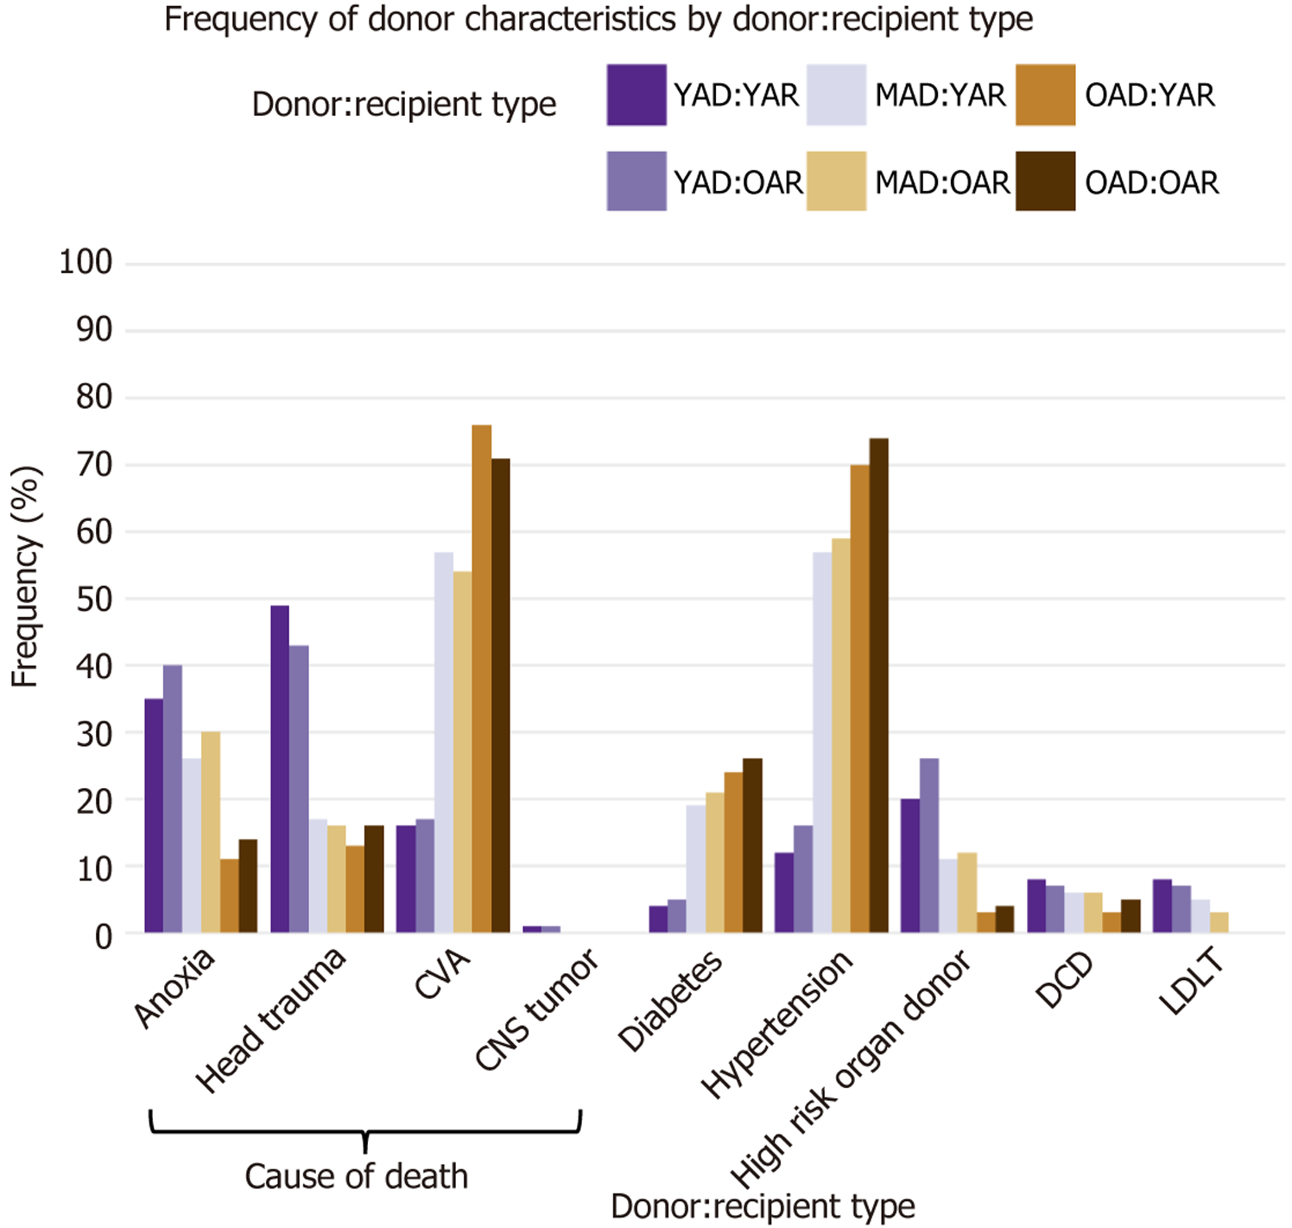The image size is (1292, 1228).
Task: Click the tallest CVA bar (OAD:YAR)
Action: pyautogui.click(x=481, y=678)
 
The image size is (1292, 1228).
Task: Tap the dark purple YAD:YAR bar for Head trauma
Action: pyautogui.click(x=280, y=769)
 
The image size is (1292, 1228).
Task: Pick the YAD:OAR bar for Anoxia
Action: pyautogui.click(x=173, y=799)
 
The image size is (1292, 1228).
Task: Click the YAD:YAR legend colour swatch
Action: pyautogui.click(x=636, y=95)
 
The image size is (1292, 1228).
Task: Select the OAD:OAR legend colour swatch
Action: pyautogui.click(x=1045, y=181)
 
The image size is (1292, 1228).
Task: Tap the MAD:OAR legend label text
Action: pyautogui.click(x=941, y=183)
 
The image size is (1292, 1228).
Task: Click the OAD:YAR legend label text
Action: pyautogui.click(x=1149, y=95)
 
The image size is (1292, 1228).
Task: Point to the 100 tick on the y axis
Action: pyautogui.click(x=85, y=262)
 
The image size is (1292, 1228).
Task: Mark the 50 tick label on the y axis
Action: pyautogui.click(x=94, y=599)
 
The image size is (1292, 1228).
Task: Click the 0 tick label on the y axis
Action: pyautogui.click(x=104, y=936)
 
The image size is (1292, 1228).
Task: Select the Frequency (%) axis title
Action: pyautogui.click(x=26, y=576)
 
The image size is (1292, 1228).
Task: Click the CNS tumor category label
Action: pyautogui.click(x=537, y=1008)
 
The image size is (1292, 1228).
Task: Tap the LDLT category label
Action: pyautogui.click(x=1193, y=980)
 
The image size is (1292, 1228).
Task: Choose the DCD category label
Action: pyautogui.click(x=1065, y=980)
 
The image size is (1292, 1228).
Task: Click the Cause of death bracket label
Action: pyautogui.click(x=356, y=1176)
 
